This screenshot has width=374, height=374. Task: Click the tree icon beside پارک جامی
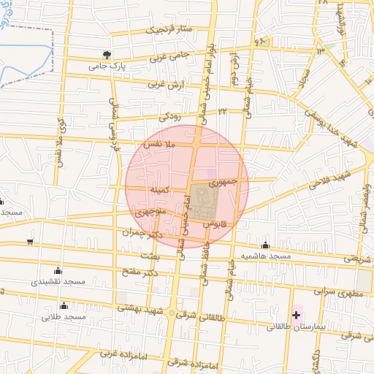click(107, 55)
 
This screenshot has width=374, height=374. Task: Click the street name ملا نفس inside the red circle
click(161, 147)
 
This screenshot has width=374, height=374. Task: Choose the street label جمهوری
click(224, 179)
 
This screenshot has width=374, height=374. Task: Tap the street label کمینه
click(160, 190)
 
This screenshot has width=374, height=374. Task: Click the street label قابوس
click(217, 221)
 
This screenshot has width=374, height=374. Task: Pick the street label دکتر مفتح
click(141, 273)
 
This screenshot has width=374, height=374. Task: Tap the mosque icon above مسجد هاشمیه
click(265, 245)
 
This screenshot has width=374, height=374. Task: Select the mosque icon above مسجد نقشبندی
click(58, 270)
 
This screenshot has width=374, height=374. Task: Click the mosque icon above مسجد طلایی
click(64, 306)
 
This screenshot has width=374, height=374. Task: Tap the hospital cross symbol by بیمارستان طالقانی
click(296, 315)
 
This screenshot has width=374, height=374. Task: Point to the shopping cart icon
click(29, 241)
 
